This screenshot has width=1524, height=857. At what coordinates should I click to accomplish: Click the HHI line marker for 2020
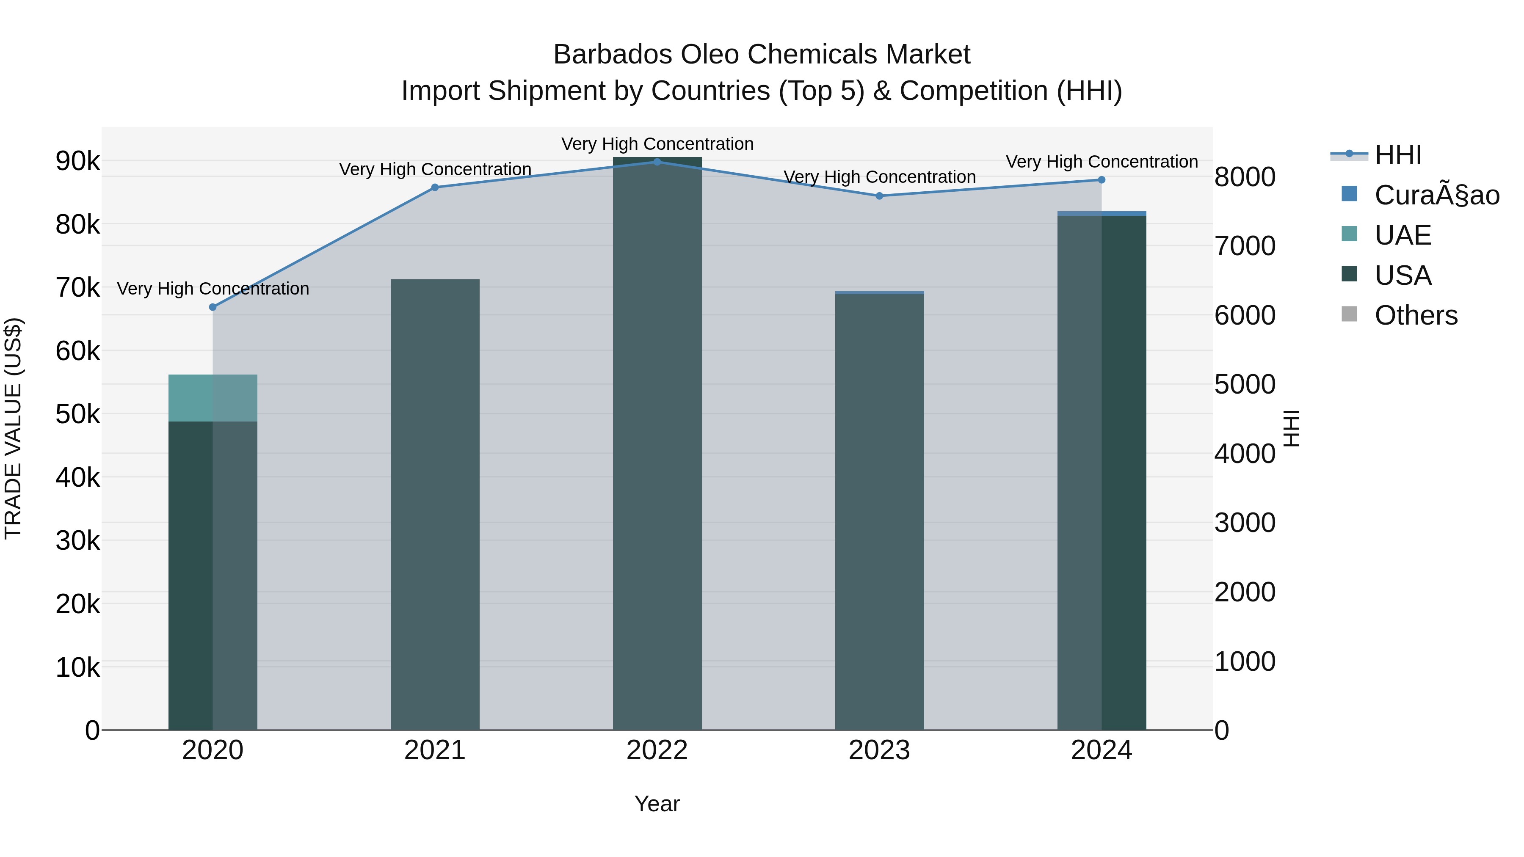[213, 307]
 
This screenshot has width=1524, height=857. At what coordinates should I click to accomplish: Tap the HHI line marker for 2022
[657, 162]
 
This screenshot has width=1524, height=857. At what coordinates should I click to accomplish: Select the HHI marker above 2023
[879, 196]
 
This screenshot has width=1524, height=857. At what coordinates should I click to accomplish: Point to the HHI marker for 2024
[1102, 180]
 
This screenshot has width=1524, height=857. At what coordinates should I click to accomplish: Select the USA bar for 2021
[435, 503]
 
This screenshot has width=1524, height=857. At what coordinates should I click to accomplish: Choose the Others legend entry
[1416, 315]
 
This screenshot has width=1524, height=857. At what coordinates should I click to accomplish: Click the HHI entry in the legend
[1397, 155]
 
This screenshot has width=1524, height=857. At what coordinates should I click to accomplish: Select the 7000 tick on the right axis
[1245, 246]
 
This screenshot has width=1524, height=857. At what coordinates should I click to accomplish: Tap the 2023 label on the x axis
[879, 750]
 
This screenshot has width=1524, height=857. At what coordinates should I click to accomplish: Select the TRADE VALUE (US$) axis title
[13, 428]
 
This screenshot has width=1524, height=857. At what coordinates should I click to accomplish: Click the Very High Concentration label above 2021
[435, 169]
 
